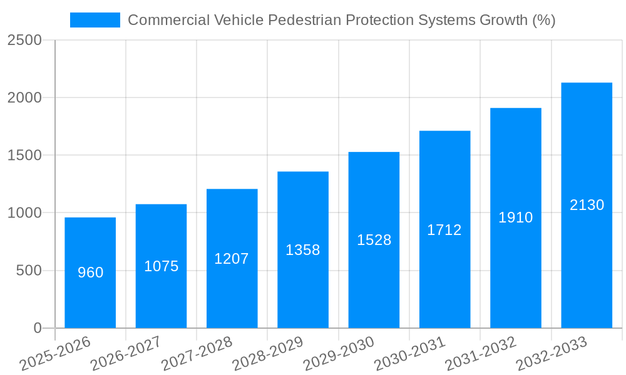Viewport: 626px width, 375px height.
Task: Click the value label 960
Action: click(x=90, y=272)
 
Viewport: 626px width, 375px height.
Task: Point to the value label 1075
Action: click(x=161, y=266)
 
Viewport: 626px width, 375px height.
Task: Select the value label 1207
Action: click(x=232, y=259)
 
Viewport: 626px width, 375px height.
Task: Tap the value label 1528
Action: click(x=374, y=240)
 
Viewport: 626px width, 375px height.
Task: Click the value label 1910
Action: click(x=515, y=217)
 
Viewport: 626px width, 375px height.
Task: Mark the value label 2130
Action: click(x=587, y=205)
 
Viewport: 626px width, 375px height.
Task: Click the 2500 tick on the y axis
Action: click(x=24, y=41)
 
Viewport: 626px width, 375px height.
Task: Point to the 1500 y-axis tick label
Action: click(x=24, y=156)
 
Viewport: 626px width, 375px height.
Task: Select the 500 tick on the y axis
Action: click(x=29, y=271)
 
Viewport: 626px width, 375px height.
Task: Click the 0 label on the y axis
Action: click(x=37, y=328)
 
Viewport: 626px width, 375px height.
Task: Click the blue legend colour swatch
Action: click(x=95, y=20)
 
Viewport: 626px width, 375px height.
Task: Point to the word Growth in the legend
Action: click(x=503, y=20)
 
